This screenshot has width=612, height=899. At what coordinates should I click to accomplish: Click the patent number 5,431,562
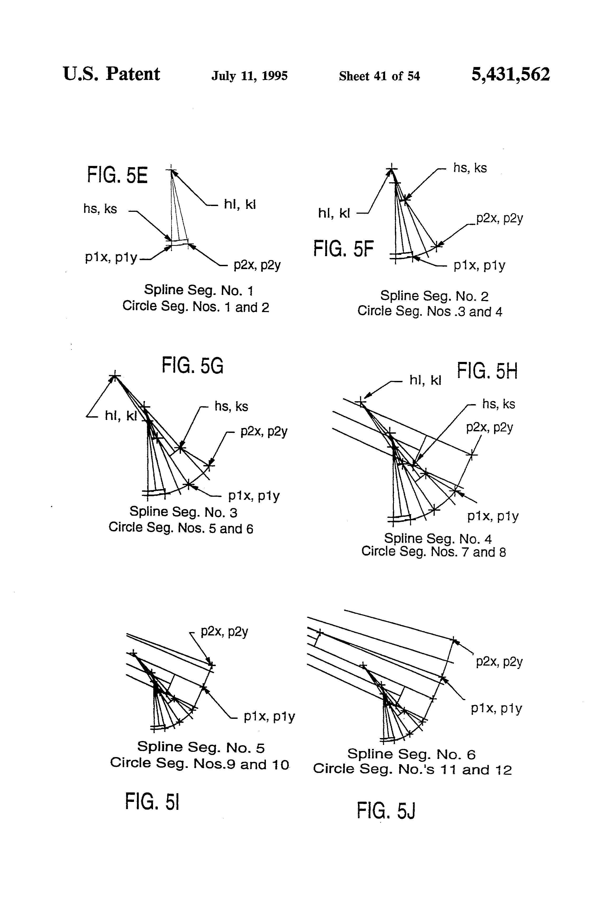click(x=510, y=74)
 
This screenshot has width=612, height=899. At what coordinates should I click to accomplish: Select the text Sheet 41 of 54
click(x=379, y=76)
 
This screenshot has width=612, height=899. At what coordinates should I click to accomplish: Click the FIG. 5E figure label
click(x=117, y=175)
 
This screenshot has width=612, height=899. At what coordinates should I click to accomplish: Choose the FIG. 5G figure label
click(x=192, y=366)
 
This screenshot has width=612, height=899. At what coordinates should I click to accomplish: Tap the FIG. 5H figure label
click(x=487, y=371)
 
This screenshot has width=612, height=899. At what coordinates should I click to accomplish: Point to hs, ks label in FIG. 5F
click(x=470, y=168)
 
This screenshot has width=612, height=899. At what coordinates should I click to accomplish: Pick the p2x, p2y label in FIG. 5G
click(x=264, y=431)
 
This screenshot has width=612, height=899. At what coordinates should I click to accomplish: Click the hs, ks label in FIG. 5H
click(x=498, y=404)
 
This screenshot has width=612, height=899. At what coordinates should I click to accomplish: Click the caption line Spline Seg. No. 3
click(x=183, y=512)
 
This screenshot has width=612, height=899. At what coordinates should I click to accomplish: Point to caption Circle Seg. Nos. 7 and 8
click(x=433, y=552)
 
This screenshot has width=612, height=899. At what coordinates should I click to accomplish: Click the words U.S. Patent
click(x=111, y=74)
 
